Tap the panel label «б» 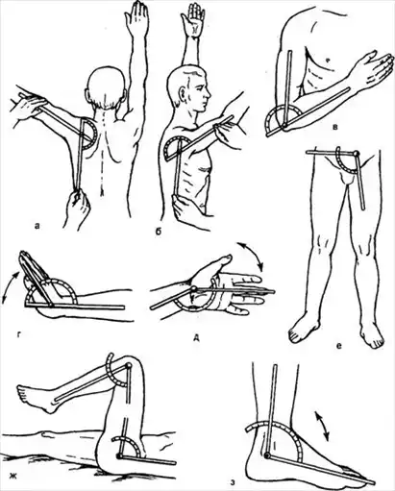159,231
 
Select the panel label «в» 334,128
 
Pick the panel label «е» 339,345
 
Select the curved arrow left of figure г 11,287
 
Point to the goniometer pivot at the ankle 268,454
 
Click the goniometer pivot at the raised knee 128,365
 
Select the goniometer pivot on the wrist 193,289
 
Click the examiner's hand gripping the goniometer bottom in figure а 77,207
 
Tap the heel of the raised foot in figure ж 49,406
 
